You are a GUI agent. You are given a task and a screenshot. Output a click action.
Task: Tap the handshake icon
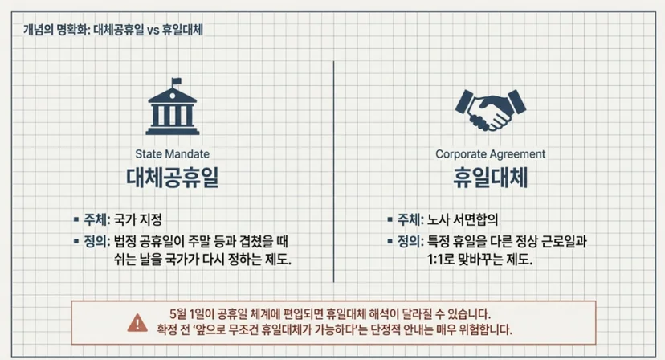pos(490,110)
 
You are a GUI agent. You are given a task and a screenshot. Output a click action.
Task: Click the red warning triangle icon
pos(137,323)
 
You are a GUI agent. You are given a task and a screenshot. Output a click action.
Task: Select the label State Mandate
pos(172,154)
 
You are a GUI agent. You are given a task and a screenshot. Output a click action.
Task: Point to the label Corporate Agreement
pos(490,154)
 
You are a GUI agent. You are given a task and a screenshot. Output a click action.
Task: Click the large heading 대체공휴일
pos(172,178)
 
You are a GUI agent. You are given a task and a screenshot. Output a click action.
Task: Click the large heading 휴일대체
pos(490,178)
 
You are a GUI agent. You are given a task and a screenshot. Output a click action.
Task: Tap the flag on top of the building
pos(176,81)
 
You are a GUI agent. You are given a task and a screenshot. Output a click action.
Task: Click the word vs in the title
pos(153,31)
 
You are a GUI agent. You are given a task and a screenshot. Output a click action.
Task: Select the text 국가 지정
pos(138,219)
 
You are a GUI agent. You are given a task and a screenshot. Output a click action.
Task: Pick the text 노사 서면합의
pos(463,219)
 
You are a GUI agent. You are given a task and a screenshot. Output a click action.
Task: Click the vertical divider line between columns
pos(334,171)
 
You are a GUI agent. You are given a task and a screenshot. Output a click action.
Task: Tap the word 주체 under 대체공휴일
pos(95,219)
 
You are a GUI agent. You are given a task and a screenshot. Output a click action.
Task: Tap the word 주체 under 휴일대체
pos(409,219)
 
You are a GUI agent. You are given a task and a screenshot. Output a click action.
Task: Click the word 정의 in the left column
pos(95,242)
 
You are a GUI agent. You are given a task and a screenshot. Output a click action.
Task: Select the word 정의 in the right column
pos(409,242)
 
